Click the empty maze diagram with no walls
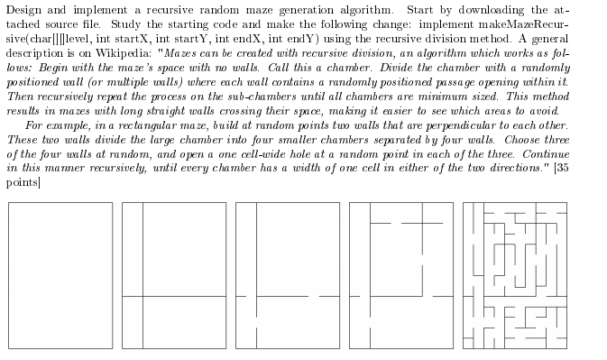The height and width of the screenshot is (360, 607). pyautogui.click(x=60, y=275)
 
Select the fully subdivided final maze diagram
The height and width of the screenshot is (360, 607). pyautogui.click(x=515, y=275)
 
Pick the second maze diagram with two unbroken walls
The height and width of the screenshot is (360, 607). pyautogui.click(x=174, y=275)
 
